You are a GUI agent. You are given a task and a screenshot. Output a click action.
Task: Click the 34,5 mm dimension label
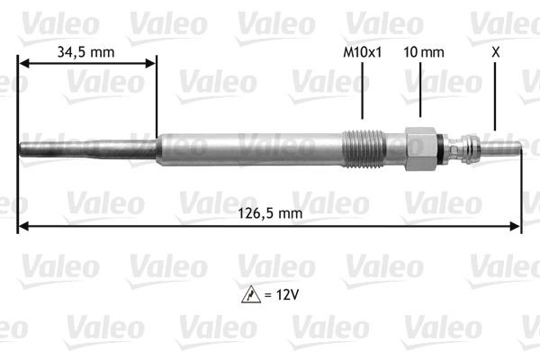[x=85, y=52]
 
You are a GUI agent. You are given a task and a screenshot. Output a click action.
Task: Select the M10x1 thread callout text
[x=363, y=52]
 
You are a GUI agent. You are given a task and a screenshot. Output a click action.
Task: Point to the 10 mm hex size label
[x=424, y=52]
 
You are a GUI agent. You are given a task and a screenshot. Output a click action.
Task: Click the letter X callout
[x=495, y=52]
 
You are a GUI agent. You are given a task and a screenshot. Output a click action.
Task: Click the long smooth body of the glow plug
[x=252, y=149]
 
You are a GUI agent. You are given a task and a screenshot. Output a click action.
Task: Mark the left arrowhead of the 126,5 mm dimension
[x=23, y=226]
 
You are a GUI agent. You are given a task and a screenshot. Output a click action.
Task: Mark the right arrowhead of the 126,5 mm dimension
[x=517, y=226]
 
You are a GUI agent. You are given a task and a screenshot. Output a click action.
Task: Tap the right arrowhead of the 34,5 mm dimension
[x=150, y=63]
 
